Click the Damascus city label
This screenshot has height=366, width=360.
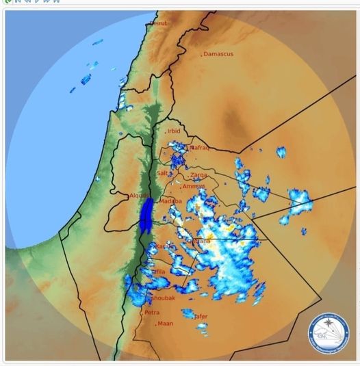pyautogui.click(x=219, y=53)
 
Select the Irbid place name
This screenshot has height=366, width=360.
pyautogui.click(x=174, y=131)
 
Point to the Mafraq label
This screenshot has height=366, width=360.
pyautogui.click(x=198, y=147)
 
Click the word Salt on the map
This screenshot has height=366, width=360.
pyautogui.click(x=162, y=173)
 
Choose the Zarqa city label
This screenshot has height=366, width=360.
pyautogui.click(x=198, y=174)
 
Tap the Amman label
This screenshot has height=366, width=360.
pyautogui.click(x=194, y=186)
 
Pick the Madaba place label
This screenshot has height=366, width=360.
pyautogui.click(x=171, y=201)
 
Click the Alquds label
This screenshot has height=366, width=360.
pyautogui.click(x=139, y=196)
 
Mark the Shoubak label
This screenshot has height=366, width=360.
pyautogui.click(x=163, y=298)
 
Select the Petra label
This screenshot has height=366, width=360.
pyautogui.click(x=152, y=312)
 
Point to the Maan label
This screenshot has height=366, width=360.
pyautogui.click(x=166, y=323)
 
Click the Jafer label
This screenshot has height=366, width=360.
pyautogui.click(x=201, y=316)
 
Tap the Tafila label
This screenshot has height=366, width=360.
pyautogui.click(x=158, y=272)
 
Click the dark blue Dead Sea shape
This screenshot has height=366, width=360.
pyautogui.click(x=145, y=214)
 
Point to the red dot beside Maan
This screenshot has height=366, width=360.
pyautogui.click(x=156, y=324)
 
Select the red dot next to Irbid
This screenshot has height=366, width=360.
pyautogui.click(x=165, y=131)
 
